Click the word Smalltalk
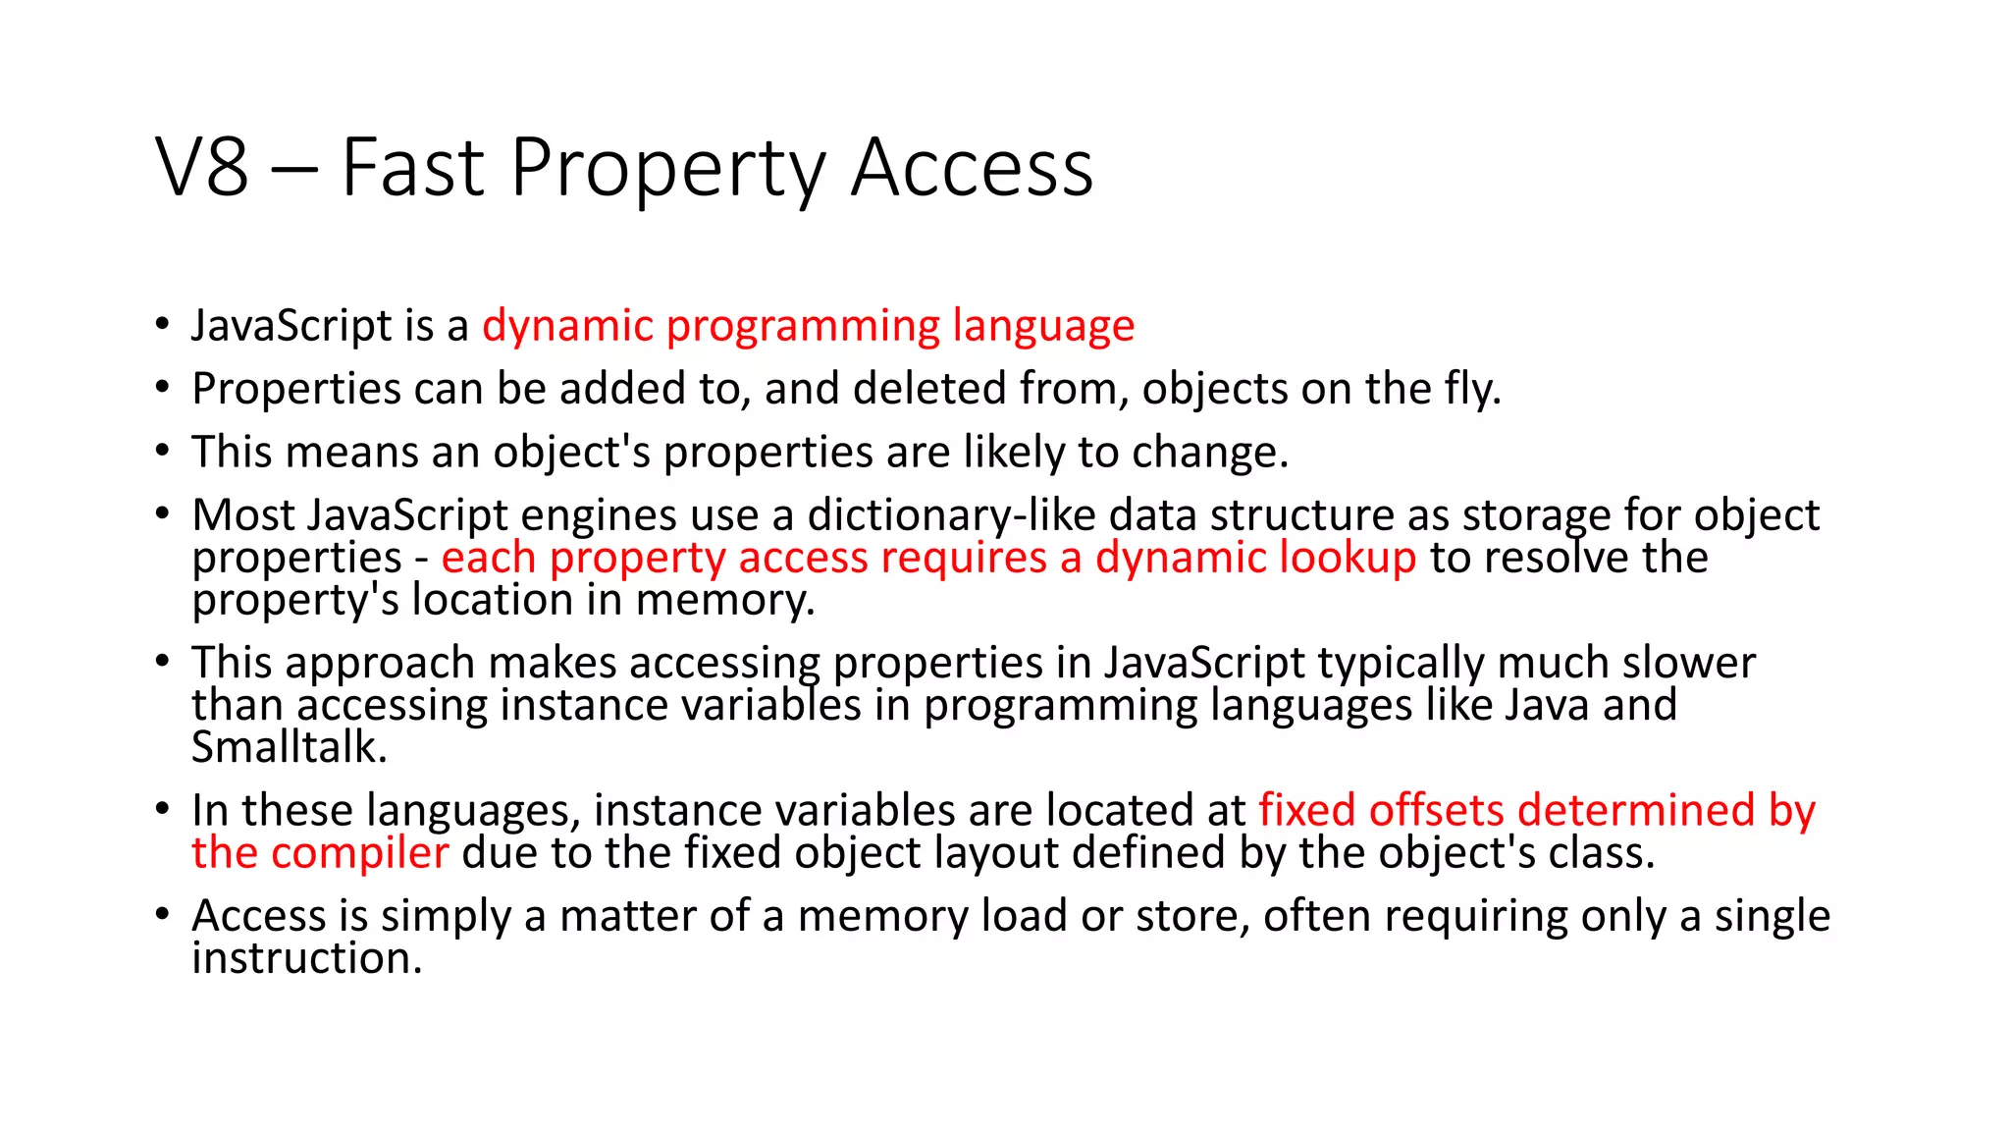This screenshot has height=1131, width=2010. [x=289, y=748]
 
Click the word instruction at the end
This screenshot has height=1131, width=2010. [x=306, y=959]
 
